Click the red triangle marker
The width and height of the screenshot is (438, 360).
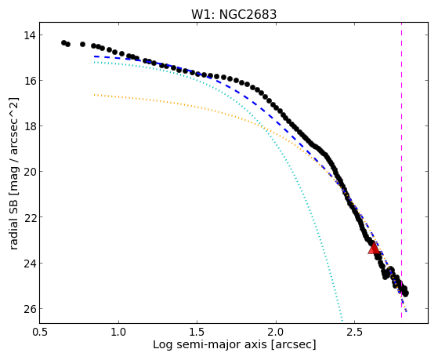[x=374, y=248]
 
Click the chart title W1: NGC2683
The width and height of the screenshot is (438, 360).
[x=233, y=15]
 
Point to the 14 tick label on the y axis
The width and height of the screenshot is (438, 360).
[x=29, y=35]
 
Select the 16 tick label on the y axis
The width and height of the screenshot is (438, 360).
[x=29, y=81]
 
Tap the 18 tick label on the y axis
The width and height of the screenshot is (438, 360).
[x=29, y=126]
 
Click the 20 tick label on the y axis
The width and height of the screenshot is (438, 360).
[x=29, y=172]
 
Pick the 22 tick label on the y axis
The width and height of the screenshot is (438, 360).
[x=29, y=217]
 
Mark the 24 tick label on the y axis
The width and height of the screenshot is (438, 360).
[x=29, y=264]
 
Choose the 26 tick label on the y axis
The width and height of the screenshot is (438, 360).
[x=29, y=309]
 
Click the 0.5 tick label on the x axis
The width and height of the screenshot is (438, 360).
[x=40, y=333]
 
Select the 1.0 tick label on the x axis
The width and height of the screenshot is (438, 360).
[x=119, y=333]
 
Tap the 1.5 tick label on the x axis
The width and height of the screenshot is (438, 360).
[x=197, y=333]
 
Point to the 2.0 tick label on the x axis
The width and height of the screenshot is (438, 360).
[x=276, y=333]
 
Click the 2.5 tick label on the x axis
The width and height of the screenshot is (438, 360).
[x=354, y=333]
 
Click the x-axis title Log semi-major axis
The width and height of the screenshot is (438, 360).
[x=209, y=345]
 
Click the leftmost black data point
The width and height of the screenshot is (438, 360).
[x=63, y=42]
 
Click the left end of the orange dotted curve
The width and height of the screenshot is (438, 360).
[x=95, y=95]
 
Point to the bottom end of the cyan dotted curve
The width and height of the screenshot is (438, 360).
[x=342, y=320]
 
